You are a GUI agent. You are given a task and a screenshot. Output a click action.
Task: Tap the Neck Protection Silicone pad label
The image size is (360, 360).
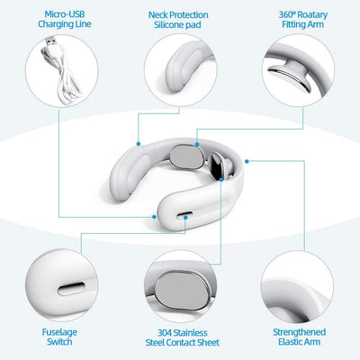tap(178, 20)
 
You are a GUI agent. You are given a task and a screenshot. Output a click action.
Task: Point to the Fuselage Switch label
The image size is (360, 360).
tap(59, 337)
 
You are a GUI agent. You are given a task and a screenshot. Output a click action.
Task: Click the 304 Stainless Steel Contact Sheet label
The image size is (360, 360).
tap(182, 337)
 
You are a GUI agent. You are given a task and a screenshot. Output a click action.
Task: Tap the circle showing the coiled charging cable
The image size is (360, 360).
tap(59, 79)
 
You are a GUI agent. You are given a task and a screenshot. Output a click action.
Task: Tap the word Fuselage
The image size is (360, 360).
tap(59, 331)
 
